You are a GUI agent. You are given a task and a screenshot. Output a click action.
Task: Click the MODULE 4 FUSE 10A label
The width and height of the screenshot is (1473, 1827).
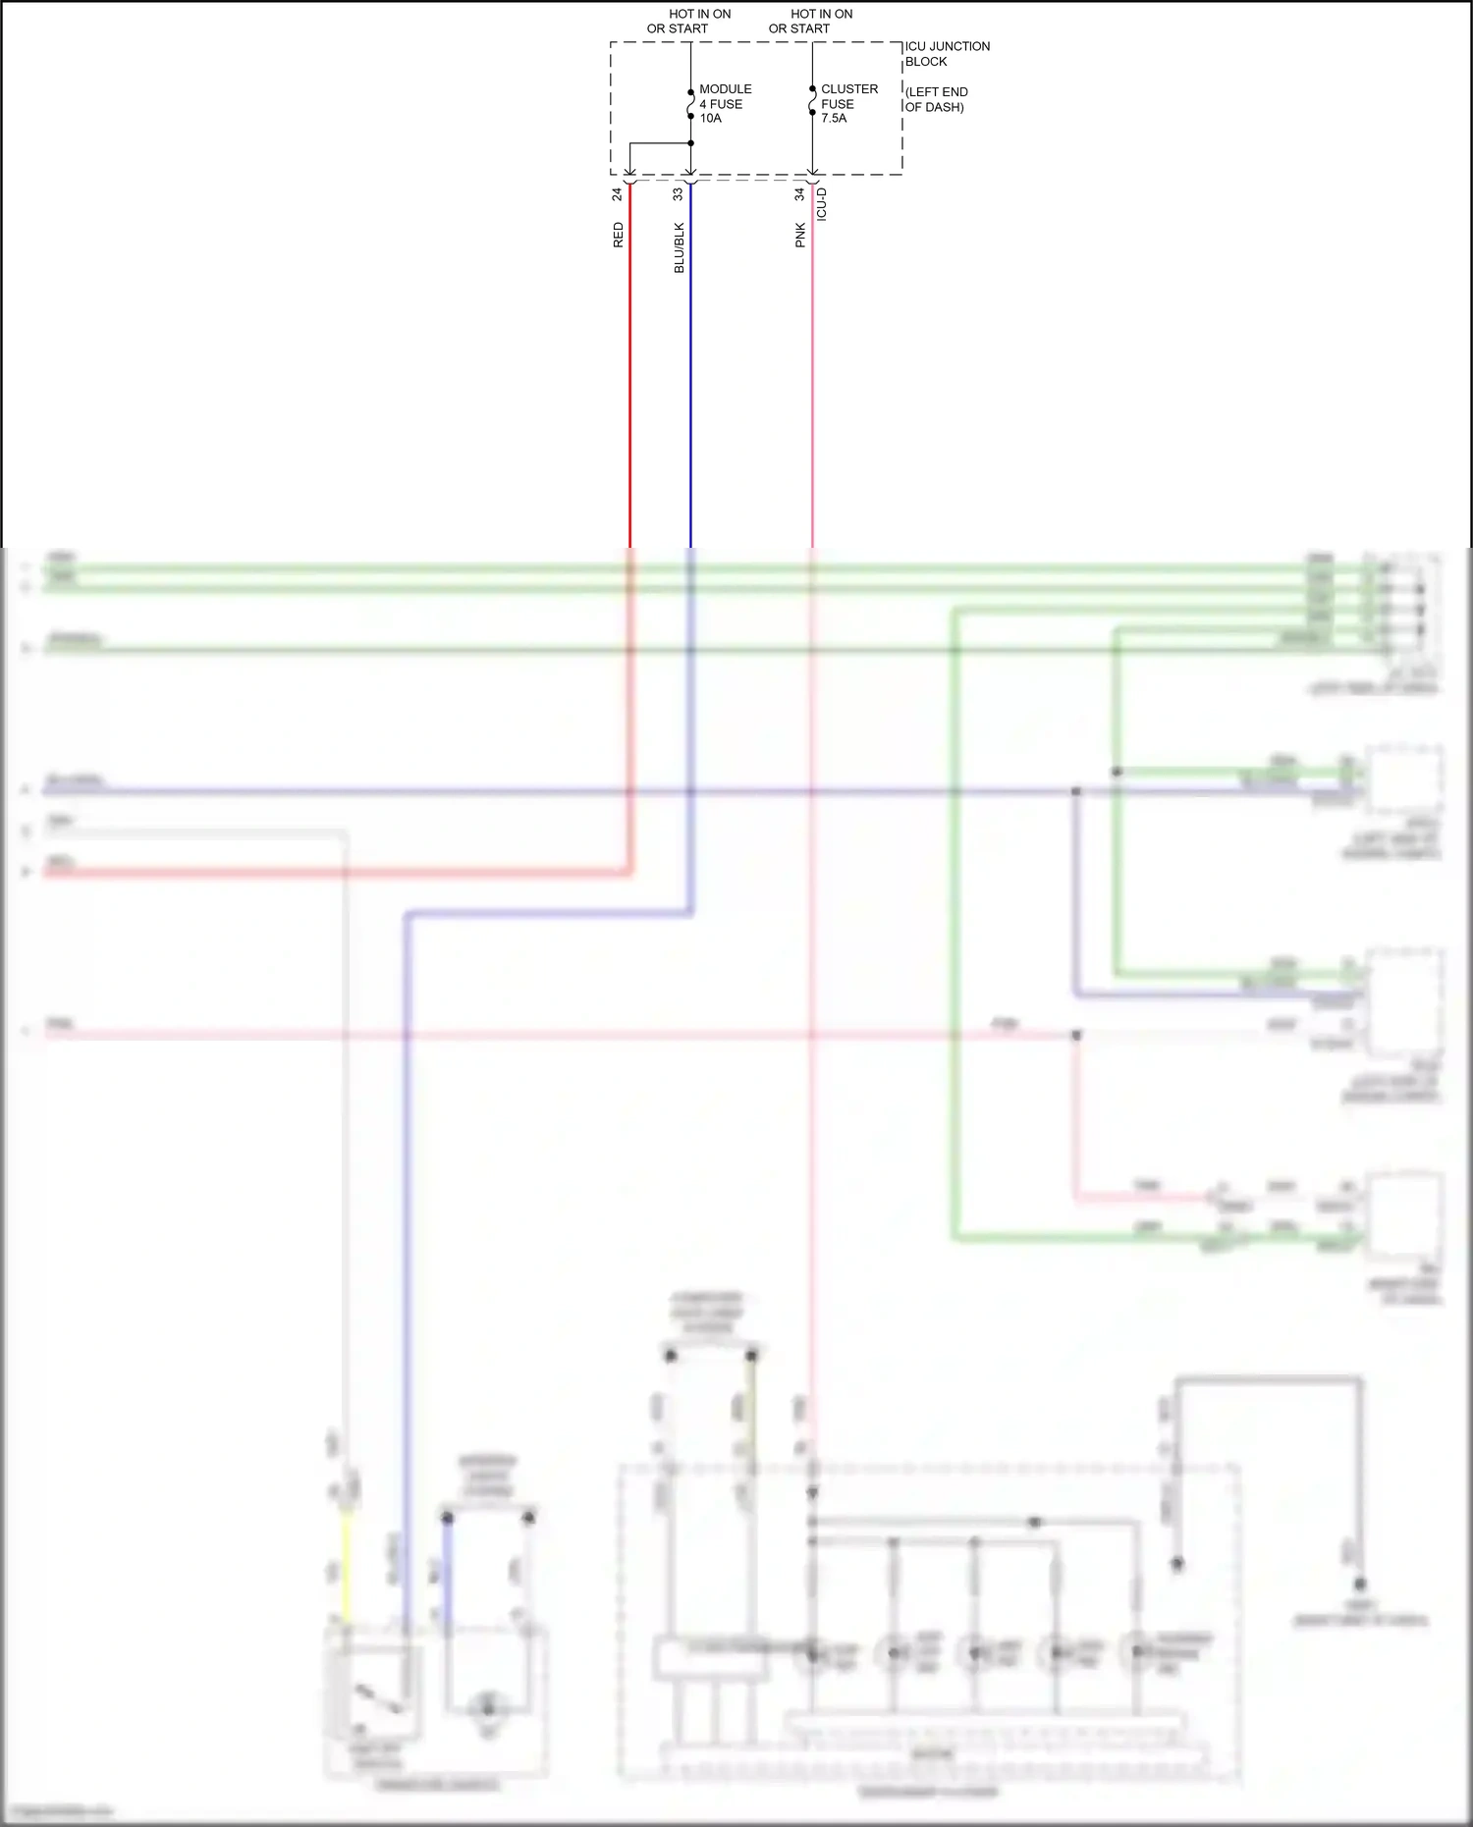(x=725, y=103)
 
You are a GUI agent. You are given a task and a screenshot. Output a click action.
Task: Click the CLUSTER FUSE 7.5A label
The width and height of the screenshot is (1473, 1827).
(x=848, y=103)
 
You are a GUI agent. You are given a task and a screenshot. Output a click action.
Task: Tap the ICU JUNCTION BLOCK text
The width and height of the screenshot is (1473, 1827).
(x=946, y=53)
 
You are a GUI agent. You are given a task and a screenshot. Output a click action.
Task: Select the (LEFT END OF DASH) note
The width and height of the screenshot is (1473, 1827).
(x=936, y=99)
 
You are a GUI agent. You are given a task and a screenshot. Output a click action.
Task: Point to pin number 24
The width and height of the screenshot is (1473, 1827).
(x=618, y=194)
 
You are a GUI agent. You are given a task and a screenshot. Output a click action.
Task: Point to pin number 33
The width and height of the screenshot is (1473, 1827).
(x=678, y=194)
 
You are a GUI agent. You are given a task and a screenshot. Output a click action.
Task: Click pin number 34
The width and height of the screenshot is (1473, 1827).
(x=799, y=194)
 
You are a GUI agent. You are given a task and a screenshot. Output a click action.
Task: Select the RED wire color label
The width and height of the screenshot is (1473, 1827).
(x=618, y=235)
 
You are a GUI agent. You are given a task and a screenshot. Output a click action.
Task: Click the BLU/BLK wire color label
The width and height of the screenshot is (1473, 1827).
(x=679, y=247)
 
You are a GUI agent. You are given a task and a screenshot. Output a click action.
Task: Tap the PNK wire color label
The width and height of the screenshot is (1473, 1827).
(x=799, y=235)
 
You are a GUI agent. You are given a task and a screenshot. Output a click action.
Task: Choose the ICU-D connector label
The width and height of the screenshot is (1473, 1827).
(x=822, y=204)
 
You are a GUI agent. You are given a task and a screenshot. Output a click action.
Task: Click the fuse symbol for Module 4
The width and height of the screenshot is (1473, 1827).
(x=690, y=104)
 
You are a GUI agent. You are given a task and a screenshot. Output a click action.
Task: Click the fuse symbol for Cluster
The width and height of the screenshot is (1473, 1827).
(x=812, y=101)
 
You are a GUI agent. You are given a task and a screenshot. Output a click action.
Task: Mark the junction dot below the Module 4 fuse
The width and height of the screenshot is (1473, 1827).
(x=690, y=143)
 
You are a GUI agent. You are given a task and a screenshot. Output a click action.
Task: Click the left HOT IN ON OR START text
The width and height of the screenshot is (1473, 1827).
(x=688, y=21)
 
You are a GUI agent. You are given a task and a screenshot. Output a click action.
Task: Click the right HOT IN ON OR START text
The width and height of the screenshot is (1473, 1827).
(x=810, y=21)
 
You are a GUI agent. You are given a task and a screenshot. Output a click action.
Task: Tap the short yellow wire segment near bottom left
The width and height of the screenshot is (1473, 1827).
(x=346, y=1567)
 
